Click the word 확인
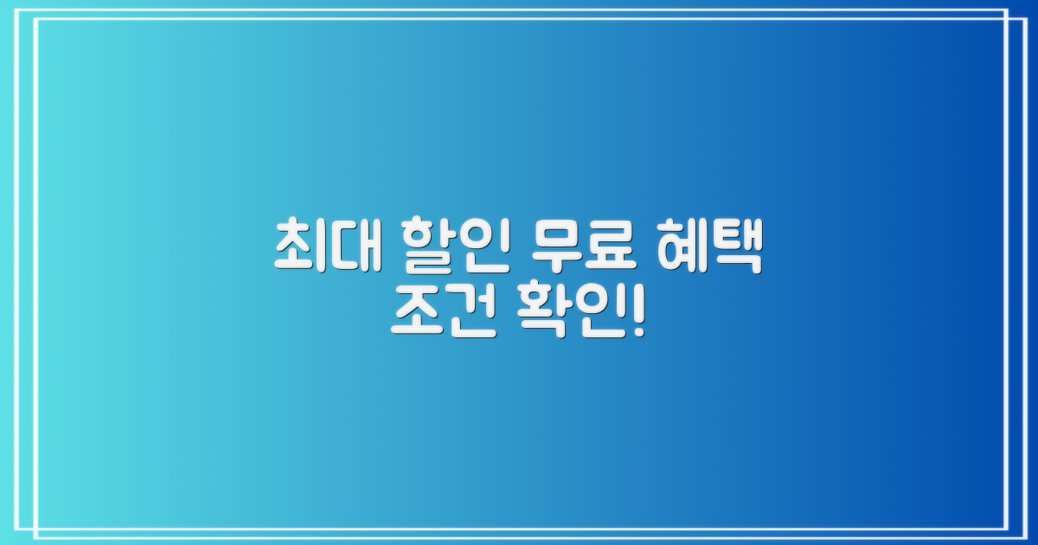(567, 318)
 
